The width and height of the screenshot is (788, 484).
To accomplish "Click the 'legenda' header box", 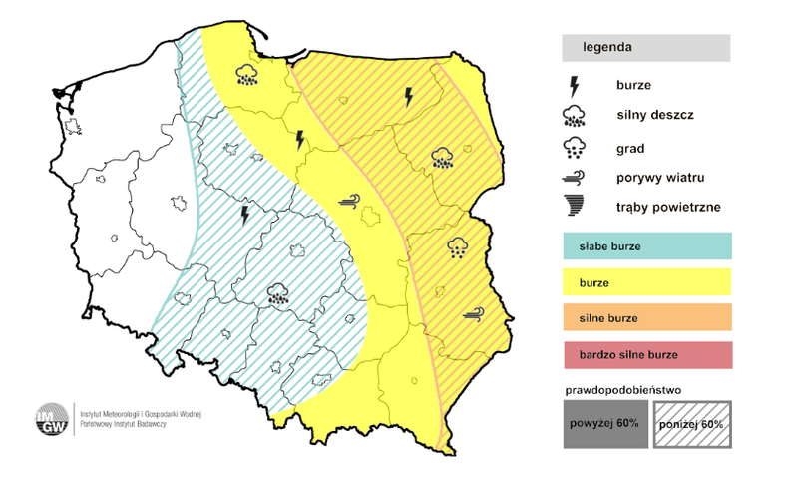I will tap(645, 47).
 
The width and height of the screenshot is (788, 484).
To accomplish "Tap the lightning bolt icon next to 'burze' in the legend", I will tap(573, 85).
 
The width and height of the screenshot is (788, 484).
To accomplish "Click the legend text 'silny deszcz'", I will tap(654, 115).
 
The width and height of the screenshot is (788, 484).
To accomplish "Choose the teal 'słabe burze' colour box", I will tap(647, 245).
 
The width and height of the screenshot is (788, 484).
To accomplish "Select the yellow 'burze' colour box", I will tap(647, 282).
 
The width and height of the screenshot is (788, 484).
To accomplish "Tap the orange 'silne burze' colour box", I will tap(647, 318).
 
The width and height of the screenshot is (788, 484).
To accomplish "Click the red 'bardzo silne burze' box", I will tap(647, 355).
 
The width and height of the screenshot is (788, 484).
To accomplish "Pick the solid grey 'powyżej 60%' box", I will tap(605, 425).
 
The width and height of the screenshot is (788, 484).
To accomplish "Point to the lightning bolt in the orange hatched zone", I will tap(408, 97).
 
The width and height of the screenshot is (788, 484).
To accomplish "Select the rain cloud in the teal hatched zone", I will tap(278, 293).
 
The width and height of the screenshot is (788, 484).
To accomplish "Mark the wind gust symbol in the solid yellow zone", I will tap(350, 200).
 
